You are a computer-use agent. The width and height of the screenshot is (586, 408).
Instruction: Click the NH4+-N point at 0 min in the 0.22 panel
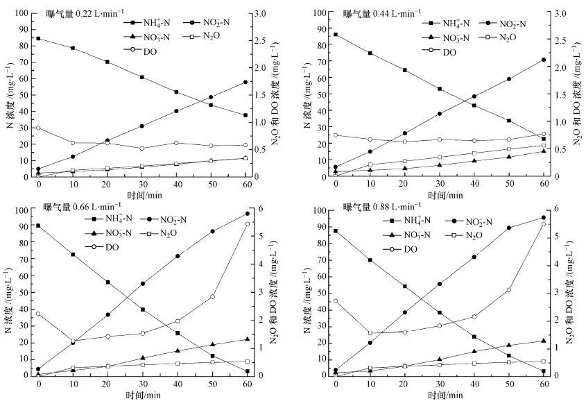[x=38, y=38]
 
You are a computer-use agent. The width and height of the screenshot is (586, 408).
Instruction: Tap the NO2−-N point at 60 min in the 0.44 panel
[x=544, y=60]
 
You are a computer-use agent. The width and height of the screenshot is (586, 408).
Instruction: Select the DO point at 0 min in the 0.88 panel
[x=336, y=300]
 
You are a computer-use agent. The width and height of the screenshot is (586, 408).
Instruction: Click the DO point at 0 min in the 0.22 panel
[x=38, y=128]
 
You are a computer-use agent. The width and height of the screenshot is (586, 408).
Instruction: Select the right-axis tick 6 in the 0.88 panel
[x=559, y=210]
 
